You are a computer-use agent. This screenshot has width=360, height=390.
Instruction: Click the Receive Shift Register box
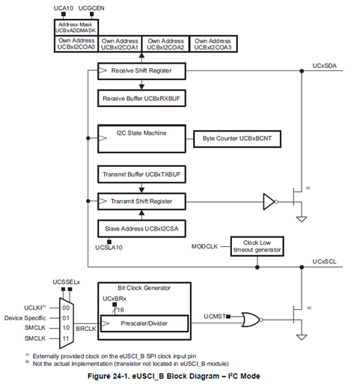pos(142,71)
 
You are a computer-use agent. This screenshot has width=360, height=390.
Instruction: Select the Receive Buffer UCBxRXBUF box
pos(142,99)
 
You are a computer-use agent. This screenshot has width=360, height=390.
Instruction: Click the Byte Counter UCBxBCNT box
pos(233,138)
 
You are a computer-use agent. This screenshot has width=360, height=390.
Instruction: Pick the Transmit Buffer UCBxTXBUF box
pos(142,174)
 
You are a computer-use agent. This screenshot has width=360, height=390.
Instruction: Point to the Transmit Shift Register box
pos(142,201)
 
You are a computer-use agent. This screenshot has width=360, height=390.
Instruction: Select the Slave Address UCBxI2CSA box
pos(142,228)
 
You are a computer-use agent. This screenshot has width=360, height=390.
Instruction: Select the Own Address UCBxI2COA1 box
pos(120,43)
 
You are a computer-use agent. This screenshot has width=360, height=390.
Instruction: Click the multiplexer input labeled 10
pos(67,327)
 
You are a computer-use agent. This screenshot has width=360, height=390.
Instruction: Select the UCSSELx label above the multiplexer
pos(67,281)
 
